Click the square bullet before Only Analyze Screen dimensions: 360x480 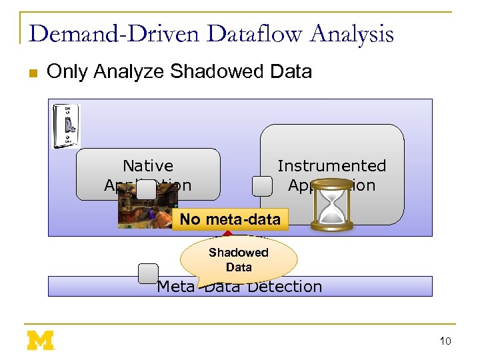click(33, 73)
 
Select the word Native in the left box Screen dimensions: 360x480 click(148, 165)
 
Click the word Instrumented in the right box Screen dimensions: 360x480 click(332, 165)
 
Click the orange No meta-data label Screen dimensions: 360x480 click(230, 219)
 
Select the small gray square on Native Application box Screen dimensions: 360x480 click(146, 190)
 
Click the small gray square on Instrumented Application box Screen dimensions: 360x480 click(262, 186)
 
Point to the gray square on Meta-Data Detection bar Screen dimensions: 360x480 click(148, 273)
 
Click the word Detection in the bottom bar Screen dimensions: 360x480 click(285, 287)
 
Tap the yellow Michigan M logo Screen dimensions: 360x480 click(41, 340)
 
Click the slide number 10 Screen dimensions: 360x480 click(445, 341)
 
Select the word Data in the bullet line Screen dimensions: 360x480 click(291, 71)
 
